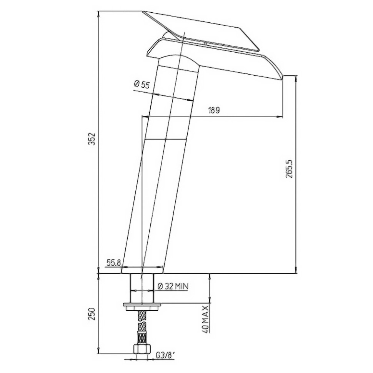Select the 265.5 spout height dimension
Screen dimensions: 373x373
tap(290, 169)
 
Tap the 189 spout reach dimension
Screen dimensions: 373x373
tap(214, 111)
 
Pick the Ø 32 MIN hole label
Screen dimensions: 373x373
tap(173, 286)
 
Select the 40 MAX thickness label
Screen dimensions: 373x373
tap(205, 319)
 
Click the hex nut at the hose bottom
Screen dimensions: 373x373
tap(142, 349)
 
